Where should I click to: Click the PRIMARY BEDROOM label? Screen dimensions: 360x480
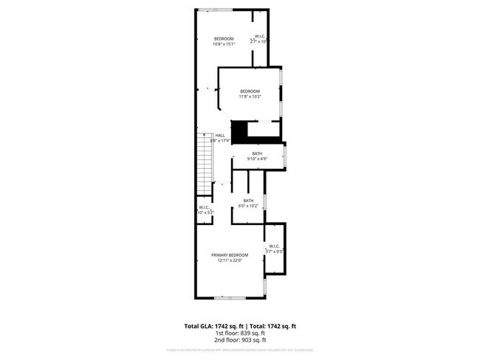click(230, 255)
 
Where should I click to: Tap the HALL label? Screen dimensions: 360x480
click(220, 135)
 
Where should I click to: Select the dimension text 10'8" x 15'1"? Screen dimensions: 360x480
click(224, 44)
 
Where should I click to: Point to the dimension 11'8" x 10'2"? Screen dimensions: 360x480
click(250, 97)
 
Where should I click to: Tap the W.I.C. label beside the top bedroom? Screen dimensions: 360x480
click(261, 36)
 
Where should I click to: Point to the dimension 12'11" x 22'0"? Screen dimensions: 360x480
click(230, 260)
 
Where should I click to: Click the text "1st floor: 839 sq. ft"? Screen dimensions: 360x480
click(240, 333)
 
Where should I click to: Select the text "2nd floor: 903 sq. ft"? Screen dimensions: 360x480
click(240, 339)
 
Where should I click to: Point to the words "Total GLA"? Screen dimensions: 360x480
click(198, 325)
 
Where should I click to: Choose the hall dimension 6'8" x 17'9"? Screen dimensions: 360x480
click(220, 141)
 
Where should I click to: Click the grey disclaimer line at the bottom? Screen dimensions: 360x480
click(240, 350)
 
